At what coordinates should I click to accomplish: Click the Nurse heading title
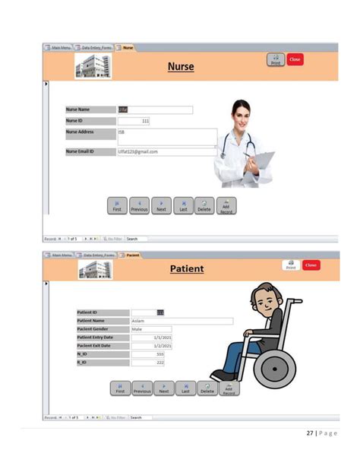click(181, 67)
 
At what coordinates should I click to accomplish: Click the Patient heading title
click(186, 268)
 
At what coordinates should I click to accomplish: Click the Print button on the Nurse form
click(275, 59)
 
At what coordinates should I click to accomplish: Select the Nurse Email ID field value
click(166, 151)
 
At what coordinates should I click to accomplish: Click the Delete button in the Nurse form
click(204, 206)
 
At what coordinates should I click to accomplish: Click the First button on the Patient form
click(120, 388)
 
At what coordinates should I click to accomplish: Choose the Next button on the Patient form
click(163, 388)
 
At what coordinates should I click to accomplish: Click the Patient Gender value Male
click(150, 329)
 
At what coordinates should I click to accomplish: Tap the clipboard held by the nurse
click(261, 160)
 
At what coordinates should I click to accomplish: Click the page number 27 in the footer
click(310, 433)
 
